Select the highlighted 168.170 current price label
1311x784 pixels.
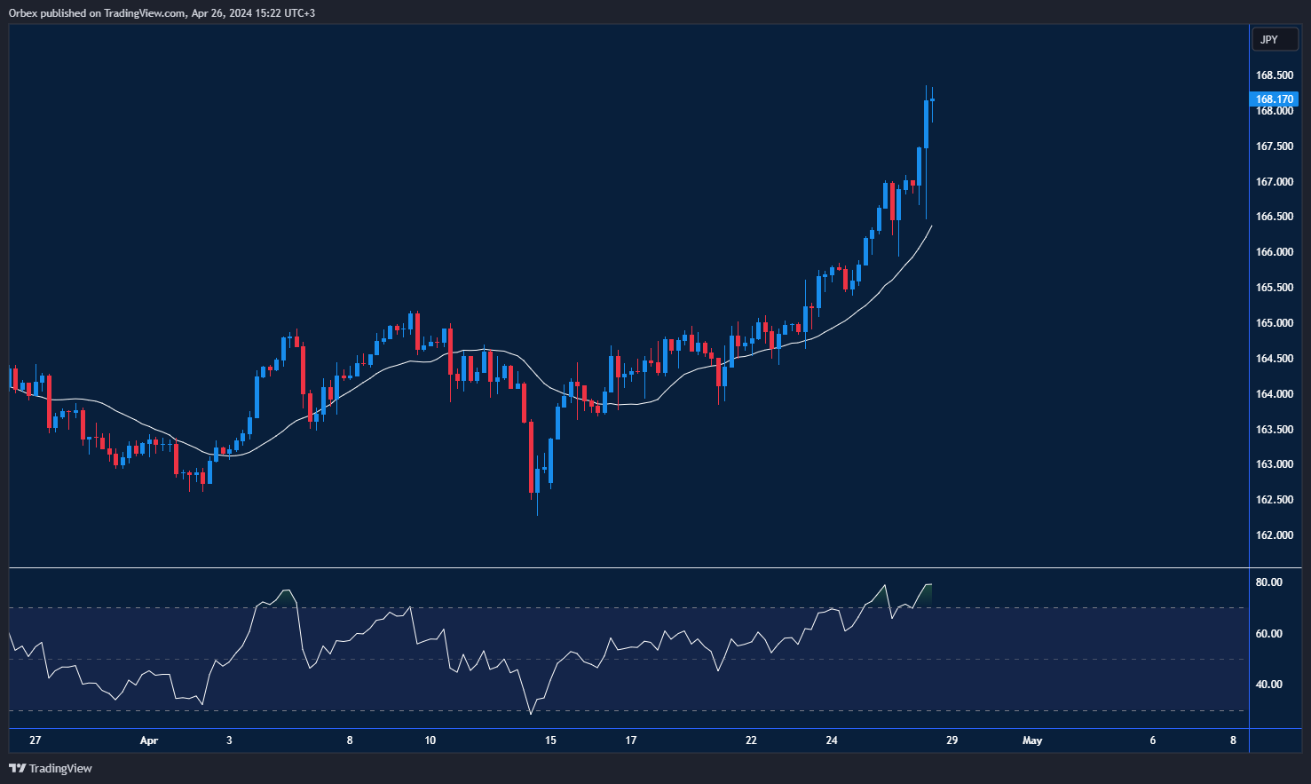pos(1274,99)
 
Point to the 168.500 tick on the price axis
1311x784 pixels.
pos(1274,75)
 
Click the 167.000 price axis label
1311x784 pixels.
pos(1274,182)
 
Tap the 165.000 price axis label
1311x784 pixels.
pos(1274,323)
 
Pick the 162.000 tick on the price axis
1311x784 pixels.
pos(1274,535)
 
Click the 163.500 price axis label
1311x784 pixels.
pos(1274,430)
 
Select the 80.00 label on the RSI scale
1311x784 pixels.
pos(1268,582)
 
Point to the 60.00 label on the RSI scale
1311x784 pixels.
pos(1268,634)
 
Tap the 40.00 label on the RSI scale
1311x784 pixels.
pos(1268,685)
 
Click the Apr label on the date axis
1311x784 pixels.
pos(148,740)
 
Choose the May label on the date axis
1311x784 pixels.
pos(1032,740)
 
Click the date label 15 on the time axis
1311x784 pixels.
pos(550,740)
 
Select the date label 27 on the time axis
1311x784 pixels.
pos(35,740)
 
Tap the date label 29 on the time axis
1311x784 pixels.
pos(952,740)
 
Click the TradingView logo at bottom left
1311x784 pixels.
pos(51,768)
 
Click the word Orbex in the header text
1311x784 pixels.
pos(23,13)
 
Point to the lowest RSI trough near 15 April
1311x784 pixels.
pos(531,713)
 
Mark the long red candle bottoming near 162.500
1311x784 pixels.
pos(532,457)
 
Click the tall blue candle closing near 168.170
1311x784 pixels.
pos(926,124)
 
